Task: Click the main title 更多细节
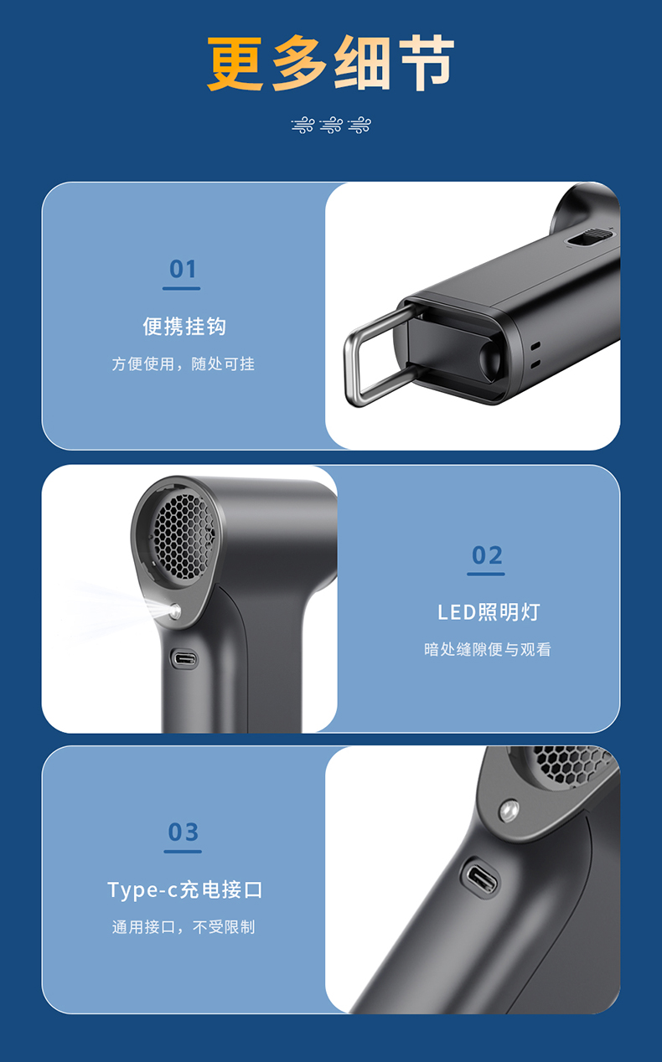[330, 63]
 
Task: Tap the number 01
[183, 270]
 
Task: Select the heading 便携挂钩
[184, 327]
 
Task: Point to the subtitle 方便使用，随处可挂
[184, 364]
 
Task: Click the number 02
[487, 555]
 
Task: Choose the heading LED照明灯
[489, 612]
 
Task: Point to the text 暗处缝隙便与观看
[488, 650]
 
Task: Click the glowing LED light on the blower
[174, 611]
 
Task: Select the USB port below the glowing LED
[184, 659]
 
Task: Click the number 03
[183, 833]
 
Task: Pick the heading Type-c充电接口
[185, 890]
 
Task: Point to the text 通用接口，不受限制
[184, 927]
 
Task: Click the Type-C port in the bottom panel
[479, 879]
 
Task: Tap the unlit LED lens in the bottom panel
[509, 811]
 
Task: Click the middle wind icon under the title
[331, 125]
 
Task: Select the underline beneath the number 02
[485, 575]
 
